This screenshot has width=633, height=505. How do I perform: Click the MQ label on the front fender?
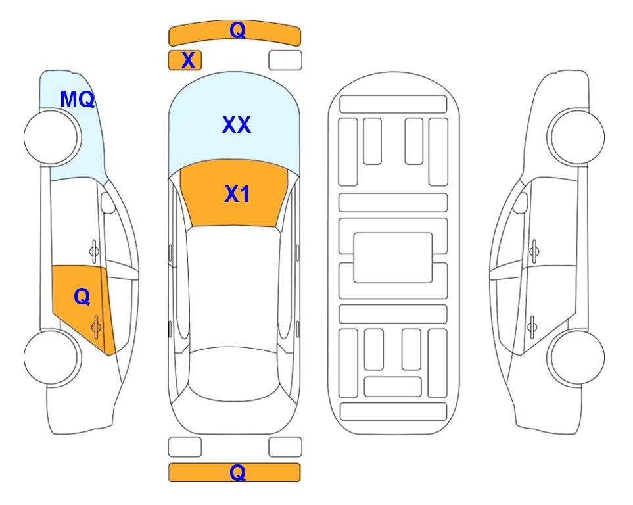pos(77,99)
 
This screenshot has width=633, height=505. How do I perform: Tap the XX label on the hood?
pos(237,124)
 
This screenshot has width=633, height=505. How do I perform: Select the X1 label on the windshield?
pos(237,194)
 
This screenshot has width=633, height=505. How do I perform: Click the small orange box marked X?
pos(185,60)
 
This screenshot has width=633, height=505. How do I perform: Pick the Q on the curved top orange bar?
pos(237,30)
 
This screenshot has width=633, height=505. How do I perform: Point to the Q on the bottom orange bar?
pos(237,472)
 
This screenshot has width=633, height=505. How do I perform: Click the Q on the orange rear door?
pos(82,297)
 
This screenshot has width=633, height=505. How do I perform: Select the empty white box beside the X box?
pos(285,60)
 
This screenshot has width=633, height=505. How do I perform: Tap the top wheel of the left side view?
pos(53,137)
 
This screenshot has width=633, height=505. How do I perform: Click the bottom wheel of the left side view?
pos(53,357)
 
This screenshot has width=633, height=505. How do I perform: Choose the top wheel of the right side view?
pos(576,137)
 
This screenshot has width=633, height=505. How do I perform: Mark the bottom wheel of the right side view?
pos(576,358)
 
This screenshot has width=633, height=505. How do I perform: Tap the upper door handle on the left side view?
pos(94,251)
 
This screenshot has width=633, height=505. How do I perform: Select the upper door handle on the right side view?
pos(534,251)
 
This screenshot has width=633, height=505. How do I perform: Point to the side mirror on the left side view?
pos(108,203)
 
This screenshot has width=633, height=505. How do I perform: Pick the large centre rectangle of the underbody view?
pos(393,258)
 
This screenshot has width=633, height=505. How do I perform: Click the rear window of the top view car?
pos(233,373)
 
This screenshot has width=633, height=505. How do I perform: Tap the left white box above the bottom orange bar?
pos(185,447)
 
